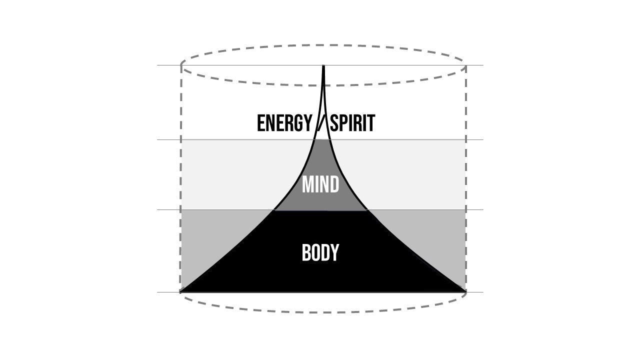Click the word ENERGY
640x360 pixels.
point(284,123)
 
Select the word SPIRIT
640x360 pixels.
point(352,123)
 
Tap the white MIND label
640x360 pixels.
point(320,185)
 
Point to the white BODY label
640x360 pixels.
point(320,253)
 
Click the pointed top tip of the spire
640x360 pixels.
point(324,67)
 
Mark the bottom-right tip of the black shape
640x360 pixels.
point(464,290)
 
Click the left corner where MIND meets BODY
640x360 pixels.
point(274,210)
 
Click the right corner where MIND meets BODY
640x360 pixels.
point(368,210)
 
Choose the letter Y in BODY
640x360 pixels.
point(334,253)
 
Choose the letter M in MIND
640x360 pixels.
point(307,185)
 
